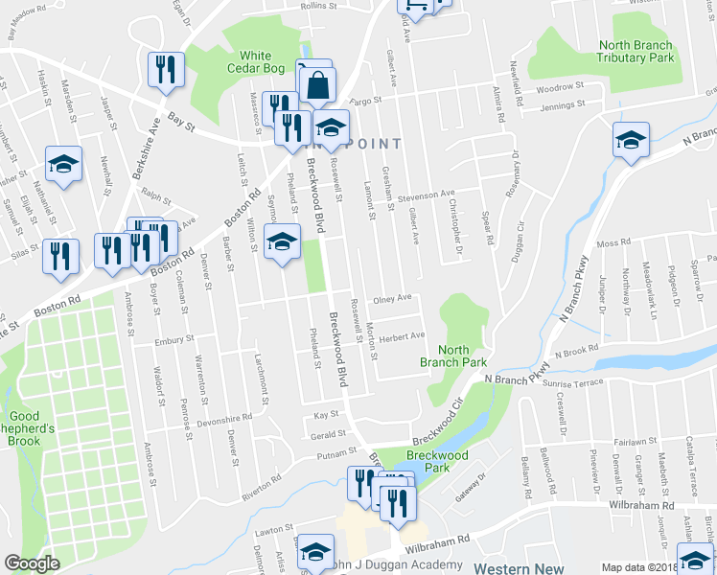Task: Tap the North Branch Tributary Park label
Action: click(x=636, y=52)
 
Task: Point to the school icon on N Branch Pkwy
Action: click(x=632, y=141)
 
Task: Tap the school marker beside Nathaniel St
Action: click(x=63, y=164)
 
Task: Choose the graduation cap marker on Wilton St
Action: click(x=283, y=243)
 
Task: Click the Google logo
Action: click(x=32, y=563)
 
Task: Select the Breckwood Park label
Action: click(x=428, y=462)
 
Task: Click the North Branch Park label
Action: click(x=453, y=356)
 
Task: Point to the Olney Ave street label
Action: click(x=392, y=298)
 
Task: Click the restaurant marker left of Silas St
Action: click(x=60, y=257)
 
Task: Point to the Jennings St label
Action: click(x=563, y=106)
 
